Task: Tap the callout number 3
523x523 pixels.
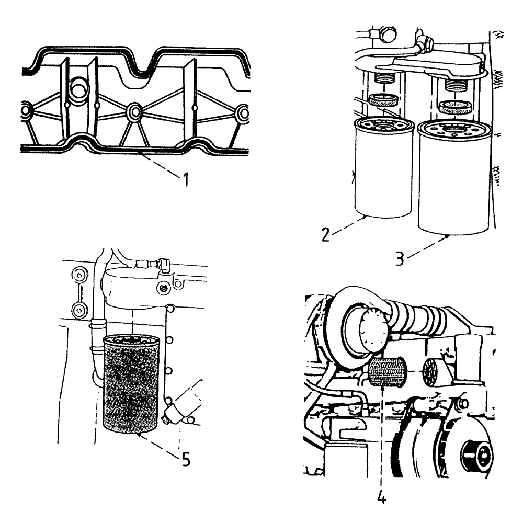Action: coord(399,259)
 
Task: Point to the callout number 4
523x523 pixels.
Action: coord(382,497)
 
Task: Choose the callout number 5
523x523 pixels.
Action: coord(185,459)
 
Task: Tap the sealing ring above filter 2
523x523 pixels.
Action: coord(384,99)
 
